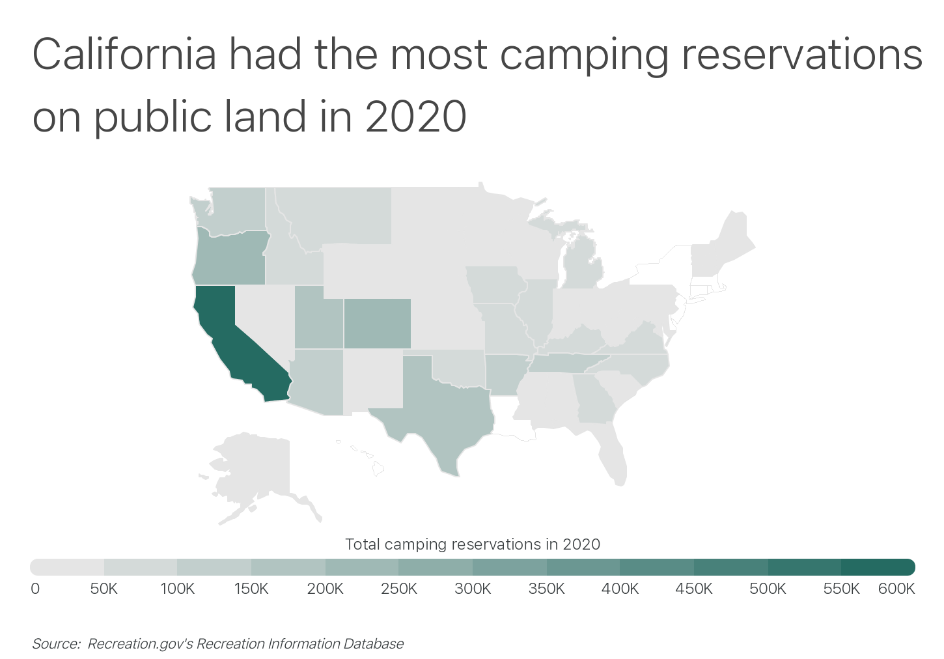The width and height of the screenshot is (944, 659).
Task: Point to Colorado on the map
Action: [378, 324]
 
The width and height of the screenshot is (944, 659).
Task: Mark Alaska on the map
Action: [254, 469]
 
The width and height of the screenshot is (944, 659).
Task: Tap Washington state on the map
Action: [238, 208]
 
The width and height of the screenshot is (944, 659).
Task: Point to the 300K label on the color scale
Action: [473, 589]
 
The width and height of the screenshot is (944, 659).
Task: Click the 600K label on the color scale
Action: [896, 589]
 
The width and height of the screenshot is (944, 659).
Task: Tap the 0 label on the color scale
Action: [35, 589]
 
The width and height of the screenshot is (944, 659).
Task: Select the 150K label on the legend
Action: [251, 589]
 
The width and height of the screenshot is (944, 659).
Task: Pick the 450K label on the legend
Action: [694, 589]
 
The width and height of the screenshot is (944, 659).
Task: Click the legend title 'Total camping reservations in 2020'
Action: [472, 544]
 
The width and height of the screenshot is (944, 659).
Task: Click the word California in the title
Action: [124, 55]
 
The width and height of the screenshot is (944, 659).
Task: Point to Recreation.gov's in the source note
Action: [140, 644]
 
